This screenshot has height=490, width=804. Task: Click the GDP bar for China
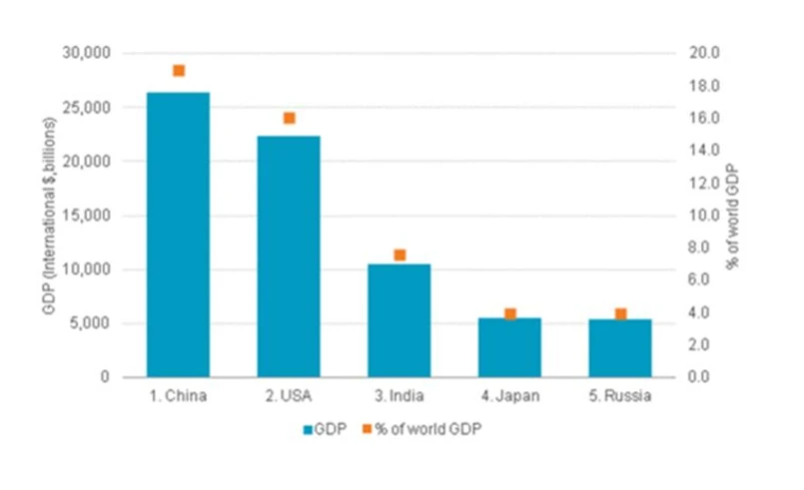click(178, 235)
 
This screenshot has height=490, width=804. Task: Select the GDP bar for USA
click(289, 256)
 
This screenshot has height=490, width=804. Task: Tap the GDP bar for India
click(400, 320)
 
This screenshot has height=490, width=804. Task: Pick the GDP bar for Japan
click(509, 347)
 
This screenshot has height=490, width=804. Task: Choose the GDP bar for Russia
click(620, 348)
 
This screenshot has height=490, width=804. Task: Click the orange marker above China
click(179, 71)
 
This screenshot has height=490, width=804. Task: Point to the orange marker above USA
click(290, 118)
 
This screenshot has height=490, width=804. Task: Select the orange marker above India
click(400, 255)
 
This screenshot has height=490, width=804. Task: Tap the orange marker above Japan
click(510, 314)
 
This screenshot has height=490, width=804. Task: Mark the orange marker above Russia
click(620, 314)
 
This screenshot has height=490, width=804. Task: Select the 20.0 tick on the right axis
click(693, 53)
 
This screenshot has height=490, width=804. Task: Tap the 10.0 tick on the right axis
click(693, 216)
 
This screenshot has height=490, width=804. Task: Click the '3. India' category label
click(400, 396)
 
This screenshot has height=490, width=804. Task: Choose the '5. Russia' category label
click(620, 396)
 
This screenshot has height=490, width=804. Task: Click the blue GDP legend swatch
click(308, 429)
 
